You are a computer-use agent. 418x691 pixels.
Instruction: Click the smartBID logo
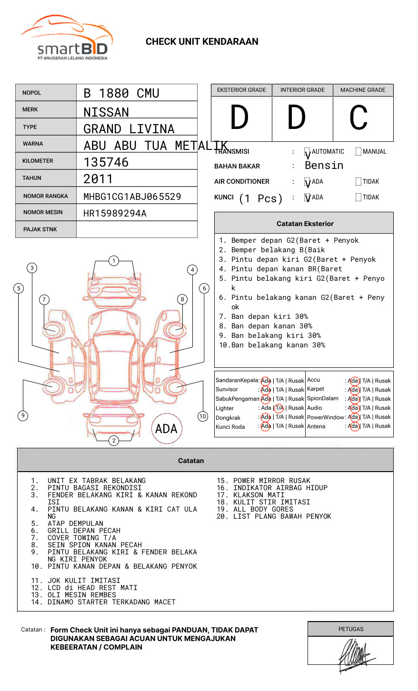(67, 38)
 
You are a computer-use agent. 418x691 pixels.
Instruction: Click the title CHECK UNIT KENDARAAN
(202, 42)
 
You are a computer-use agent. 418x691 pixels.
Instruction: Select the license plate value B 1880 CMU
(121, 93)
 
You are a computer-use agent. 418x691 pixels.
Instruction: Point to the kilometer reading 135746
(106, 162)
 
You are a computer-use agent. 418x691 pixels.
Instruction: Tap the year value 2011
(98, 179)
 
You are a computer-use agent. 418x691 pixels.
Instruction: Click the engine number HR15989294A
(115, 213)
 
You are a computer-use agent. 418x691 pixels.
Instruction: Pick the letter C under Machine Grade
(358, 118)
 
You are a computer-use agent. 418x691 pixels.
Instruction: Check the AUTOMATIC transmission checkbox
(308, 152)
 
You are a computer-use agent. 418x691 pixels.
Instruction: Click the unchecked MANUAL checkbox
(358, 152)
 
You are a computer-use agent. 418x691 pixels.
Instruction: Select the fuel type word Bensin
(324, 166)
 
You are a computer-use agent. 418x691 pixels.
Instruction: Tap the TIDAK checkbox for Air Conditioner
(358, 182)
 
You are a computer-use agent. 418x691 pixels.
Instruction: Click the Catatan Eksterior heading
(305, 224)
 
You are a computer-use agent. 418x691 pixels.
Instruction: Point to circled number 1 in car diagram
(113, 261)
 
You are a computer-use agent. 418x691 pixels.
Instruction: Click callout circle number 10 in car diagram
(203, 416)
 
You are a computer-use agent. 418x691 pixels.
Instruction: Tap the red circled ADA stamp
(166, 429)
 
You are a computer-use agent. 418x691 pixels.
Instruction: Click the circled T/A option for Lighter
(279, 408)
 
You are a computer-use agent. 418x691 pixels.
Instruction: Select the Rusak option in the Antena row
(383, 426)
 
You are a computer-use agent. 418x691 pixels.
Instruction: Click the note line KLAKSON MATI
(259, 495)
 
